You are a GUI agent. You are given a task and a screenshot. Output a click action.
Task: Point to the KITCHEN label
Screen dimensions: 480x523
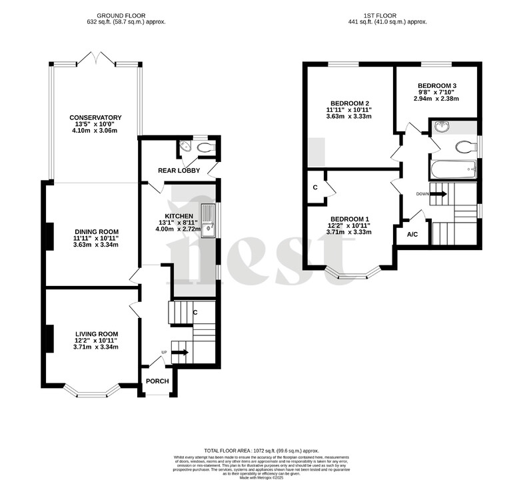[179, 217]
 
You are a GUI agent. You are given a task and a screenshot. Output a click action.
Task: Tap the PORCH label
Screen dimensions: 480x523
[157, 381]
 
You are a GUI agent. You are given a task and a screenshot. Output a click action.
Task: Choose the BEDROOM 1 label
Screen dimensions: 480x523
[350, 219]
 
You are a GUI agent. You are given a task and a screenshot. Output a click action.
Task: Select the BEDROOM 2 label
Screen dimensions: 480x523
[348, 103]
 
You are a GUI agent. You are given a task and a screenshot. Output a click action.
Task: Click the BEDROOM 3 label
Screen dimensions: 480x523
[437, 86]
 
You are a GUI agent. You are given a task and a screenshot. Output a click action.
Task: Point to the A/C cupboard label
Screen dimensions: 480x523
[412, 235]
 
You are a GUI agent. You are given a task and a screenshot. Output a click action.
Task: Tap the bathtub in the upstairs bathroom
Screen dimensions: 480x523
[454, 169]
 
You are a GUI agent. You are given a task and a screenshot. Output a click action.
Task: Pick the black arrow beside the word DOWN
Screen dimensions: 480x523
[438, 194]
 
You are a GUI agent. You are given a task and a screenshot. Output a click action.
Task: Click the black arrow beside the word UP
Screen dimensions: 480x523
[181, 353]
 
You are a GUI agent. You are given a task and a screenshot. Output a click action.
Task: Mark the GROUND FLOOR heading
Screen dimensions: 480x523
[121, 15]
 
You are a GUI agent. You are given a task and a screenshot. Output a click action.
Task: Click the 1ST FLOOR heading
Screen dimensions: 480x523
[380, 15]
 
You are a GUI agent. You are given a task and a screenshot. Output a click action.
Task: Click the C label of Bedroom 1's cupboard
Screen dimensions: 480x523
[314, 187]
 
